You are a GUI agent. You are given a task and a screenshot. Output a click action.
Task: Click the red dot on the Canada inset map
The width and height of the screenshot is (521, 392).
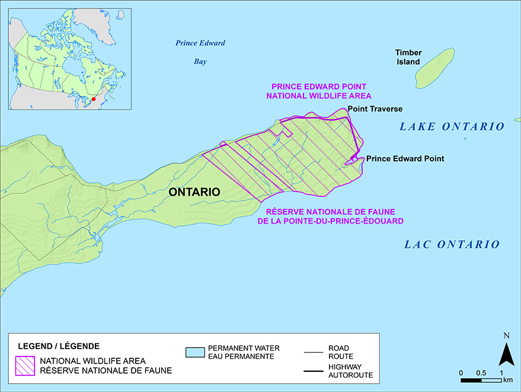pyautogui.click(x=93, y=99)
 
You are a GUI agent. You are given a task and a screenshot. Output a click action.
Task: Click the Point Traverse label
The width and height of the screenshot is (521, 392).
pyautogui.click(x=375, y=109)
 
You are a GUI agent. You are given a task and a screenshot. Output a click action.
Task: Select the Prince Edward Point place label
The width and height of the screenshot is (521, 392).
pyautogui.click(x=405, y=159)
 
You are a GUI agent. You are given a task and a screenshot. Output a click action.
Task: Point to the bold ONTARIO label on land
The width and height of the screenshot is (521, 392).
pyautogui.click(x=194, y=192)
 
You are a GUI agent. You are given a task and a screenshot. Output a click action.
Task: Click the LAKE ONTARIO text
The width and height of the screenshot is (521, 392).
pyautogui.click(x=452, y=126)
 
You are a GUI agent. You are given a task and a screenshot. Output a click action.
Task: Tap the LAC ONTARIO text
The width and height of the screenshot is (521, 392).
pyautogui.click(x=452, y=244)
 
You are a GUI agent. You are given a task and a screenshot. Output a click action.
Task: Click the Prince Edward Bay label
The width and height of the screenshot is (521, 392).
pyautogui.click(x=200, y=52)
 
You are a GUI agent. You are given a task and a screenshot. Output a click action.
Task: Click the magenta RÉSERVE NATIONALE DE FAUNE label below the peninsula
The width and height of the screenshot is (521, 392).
pyautogui.click(x=331, y=216)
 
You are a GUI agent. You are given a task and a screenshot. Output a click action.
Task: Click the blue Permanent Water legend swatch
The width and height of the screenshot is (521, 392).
pyautogui.click(x=195, y=352)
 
